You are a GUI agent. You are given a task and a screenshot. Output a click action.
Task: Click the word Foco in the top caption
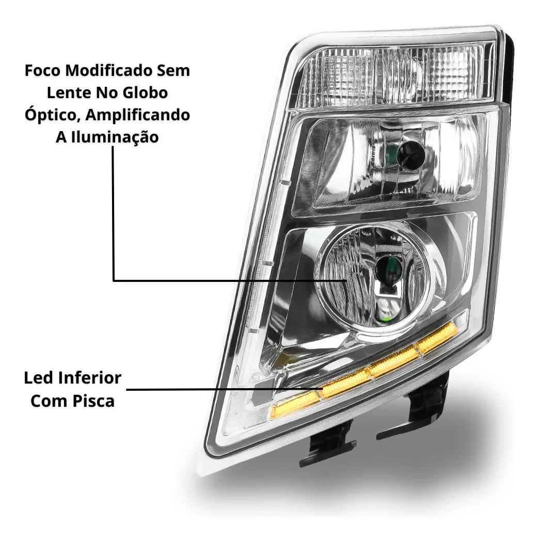coord(43,70)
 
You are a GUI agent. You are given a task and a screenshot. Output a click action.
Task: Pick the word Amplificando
coord(138,115)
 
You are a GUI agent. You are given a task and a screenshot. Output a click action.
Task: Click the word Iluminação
coord(115,137)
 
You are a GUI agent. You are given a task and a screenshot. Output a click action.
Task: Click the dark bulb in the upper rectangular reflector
coord(410,154)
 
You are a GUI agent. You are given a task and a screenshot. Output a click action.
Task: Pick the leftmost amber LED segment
coord(294,406)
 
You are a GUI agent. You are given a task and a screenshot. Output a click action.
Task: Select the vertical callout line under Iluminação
coord(113,213)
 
